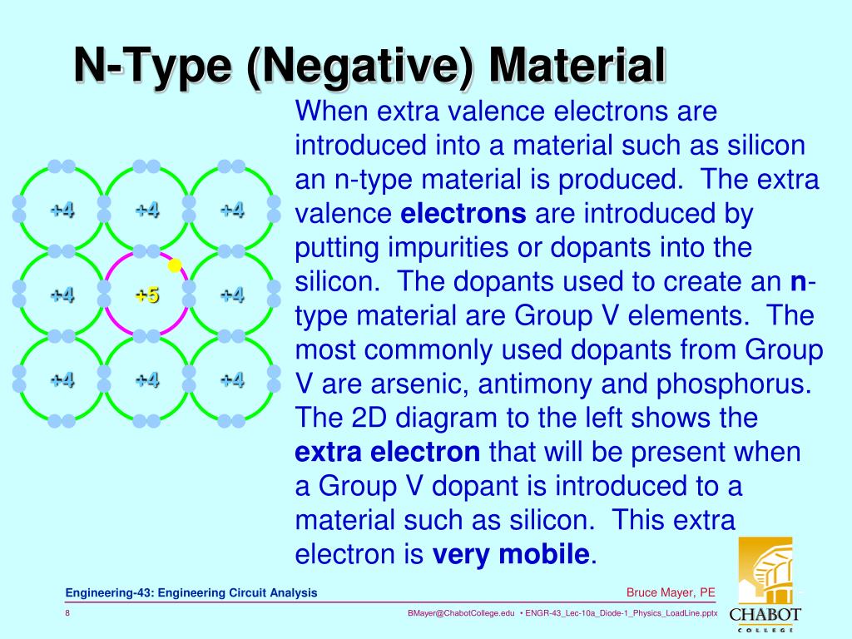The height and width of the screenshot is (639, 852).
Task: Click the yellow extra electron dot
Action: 175,265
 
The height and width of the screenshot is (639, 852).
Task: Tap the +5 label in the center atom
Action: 147,295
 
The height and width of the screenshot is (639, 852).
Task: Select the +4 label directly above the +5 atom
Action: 147,209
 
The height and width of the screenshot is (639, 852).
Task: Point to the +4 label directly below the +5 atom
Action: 147,380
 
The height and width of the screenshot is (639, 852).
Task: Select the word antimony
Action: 534,384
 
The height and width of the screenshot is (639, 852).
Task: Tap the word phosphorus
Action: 717,384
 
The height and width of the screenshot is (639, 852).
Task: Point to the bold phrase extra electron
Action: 388,453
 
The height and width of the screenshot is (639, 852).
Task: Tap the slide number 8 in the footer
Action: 67,613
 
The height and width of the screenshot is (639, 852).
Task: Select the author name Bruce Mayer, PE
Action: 671,592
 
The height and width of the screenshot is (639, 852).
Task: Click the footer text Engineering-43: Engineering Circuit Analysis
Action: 192,592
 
